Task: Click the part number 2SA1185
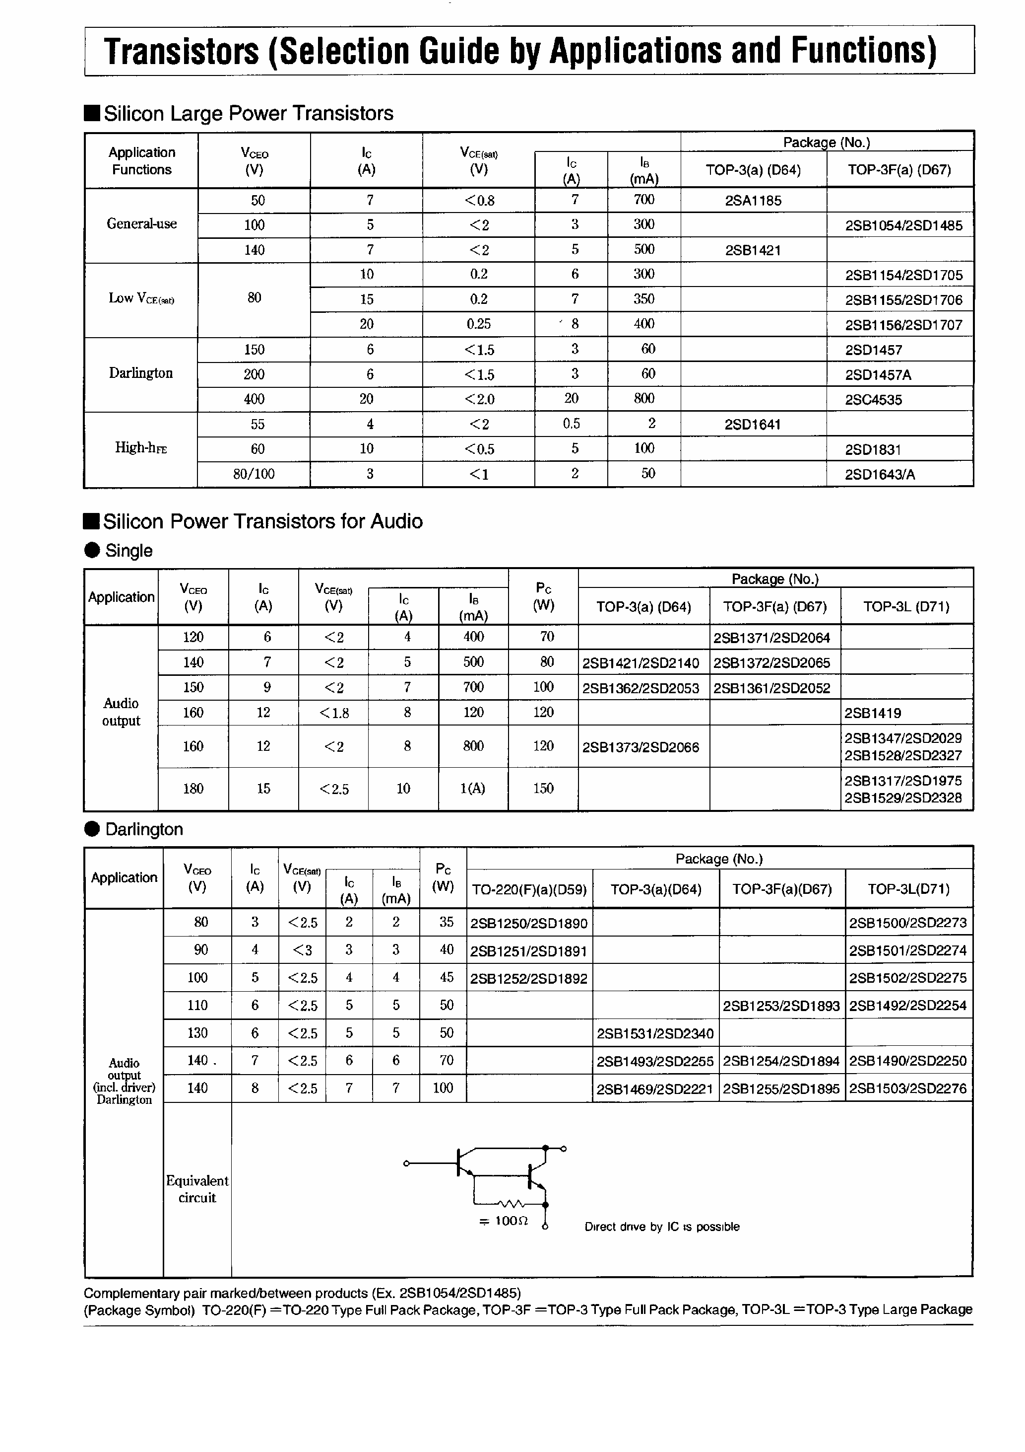(x=753, y=201)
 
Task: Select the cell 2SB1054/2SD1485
(x=903, y=225)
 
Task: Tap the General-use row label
(x=141, y=224)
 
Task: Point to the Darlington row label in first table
(x=141, y=373)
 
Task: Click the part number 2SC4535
(x=873, y=400)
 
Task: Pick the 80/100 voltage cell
(x=254, y=474)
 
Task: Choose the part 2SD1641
(x=752, y=425)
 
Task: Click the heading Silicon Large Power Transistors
(x=249, y=113)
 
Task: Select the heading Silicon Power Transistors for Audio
(x=262, y=521)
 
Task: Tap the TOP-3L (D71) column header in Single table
(x=906, y=606)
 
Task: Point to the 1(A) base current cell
(x=473, y=789)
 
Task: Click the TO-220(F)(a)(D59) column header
(x=529, y=889)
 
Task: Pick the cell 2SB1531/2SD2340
(x=655, y=1033)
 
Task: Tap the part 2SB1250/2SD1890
(x=529, y=923)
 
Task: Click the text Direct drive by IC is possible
(x=662, y=1226)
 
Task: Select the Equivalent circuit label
(x=197, y=1189)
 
